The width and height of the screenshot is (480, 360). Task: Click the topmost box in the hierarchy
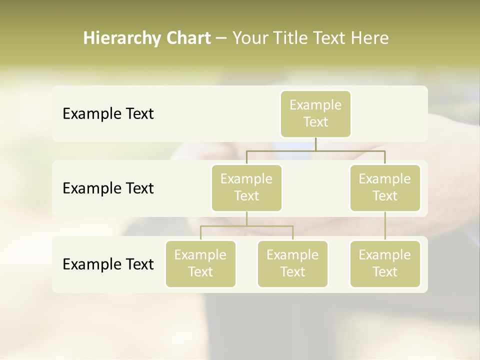(x=315, y=114)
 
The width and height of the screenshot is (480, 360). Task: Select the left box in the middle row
(x=246, y=188)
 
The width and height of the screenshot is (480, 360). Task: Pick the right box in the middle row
(x=385, y=188)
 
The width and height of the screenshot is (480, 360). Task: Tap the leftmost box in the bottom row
(x=200, y=264)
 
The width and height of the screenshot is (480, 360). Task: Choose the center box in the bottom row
(x=292, y=264)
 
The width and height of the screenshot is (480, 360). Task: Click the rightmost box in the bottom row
(x=385, y=264)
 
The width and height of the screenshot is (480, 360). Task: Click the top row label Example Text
(x=108, y=114)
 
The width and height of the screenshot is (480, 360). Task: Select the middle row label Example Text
(x=108, y=188)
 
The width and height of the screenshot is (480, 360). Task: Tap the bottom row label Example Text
(x=108, y=264)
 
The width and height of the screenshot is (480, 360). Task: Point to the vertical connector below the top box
(x=315, y=144)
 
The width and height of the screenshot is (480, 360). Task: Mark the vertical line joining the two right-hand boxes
(x=385, y=226)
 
